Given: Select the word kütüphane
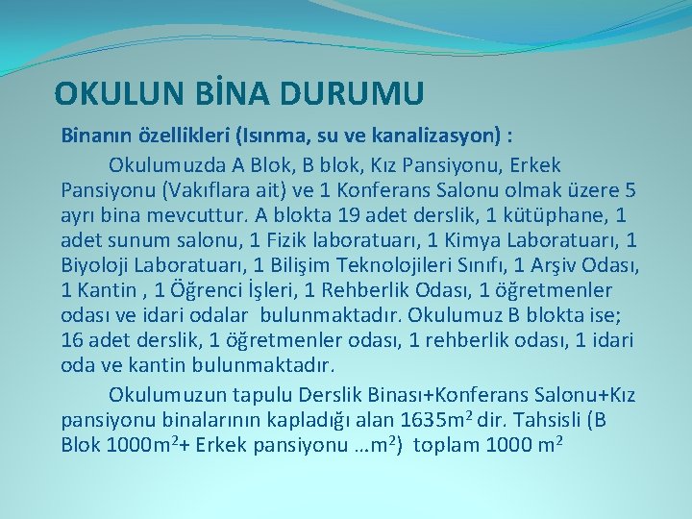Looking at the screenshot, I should (x=560, y=214).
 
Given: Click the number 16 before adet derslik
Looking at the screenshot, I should (x=72, y=340).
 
